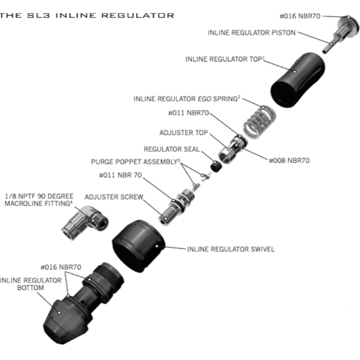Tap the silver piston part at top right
point(341,28)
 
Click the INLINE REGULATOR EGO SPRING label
point(187,99)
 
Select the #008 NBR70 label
point(289,160)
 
